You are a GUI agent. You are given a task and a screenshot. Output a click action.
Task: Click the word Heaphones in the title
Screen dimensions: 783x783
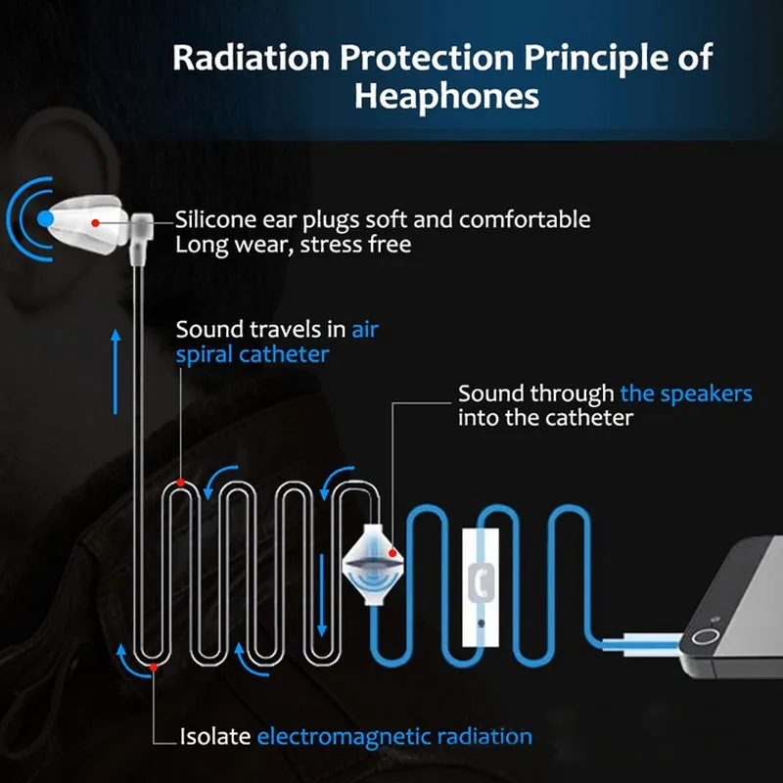click(445, 97)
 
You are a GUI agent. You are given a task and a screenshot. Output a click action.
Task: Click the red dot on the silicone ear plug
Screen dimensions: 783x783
click(94, 222)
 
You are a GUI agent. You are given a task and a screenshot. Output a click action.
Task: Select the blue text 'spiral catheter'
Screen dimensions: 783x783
click(253, 354)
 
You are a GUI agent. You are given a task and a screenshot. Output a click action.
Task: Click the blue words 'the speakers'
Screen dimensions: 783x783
click(686, 393)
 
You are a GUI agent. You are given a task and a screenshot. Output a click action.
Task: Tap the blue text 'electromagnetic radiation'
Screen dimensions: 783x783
click(394, 736)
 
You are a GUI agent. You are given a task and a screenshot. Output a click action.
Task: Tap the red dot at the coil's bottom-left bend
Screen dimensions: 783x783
click(153, 668)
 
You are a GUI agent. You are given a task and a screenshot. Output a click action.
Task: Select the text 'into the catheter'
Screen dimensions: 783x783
click(546, 418)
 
